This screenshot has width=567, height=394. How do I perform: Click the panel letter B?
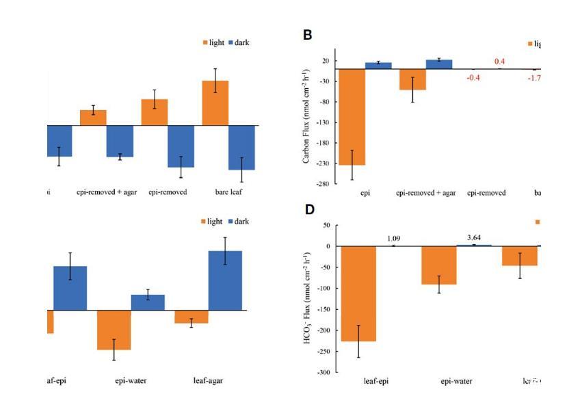(308, 34)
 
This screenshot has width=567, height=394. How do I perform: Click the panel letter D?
(308, 209)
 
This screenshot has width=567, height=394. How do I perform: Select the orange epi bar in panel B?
(353, 117)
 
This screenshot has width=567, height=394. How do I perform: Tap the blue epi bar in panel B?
(378, 66)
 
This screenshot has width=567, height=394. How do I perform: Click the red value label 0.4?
(500, 62)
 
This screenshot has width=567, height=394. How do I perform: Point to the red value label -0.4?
(473, 77)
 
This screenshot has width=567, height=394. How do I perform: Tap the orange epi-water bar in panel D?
(439, 265)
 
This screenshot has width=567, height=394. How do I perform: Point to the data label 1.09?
(393, 238)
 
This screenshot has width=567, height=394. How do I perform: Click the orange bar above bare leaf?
(215, 103)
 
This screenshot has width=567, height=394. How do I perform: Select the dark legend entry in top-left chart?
(237, 42)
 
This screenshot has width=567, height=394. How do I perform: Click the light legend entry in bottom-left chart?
(211, 222)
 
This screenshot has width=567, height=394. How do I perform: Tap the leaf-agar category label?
(208, 381)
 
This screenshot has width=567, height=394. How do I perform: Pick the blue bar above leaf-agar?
(225, 280)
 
